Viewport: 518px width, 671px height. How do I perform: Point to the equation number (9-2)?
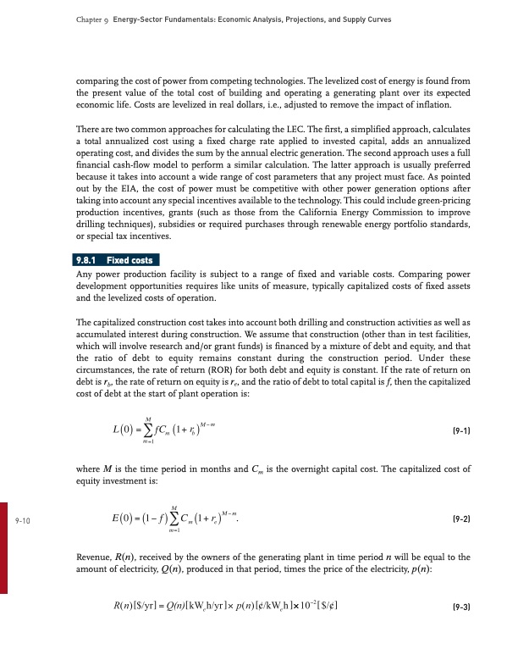click(x=456, y=518)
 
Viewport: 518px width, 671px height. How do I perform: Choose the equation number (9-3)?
click(x=456, y=608)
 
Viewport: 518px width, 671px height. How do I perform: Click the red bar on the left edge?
click(x=4, y=559)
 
